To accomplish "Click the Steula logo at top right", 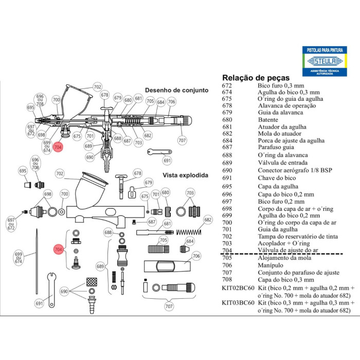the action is coord(325,61).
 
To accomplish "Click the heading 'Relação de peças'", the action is coord(256,78).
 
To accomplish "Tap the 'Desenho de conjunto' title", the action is coord(176,90).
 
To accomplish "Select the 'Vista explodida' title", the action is coord(185,175).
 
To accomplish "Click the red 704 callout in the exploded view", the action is coord(59,249).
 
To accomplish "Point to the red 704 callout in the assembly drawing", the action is coord(58,147).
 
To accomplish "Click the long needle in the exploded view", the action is coord(37,261).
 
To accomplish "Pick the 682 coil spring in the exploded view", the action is coord(189,232).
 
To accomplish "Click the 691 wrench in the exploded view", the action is coord(51,290).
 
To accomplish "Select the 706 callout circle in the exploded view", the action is coord(196,256).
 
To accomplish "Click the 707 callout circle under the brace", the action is coord(169,306).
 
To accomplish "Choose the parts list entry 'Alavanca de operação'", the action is coord(287,105).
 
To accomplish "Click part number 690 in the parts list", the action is coord(227,170).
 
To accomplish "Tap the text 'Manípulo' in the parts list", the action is coord(271,265).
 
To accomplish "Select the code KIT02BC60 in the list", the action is coord(238,288).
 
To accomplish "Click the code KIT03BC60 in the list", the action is coord(238,303).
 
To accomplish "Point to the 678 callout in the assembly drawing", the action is coord(105,95).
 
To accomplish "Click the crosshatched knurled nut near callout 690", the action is coord(92,282).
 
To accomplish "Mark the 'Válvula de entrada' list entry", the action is coord(283,163).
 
